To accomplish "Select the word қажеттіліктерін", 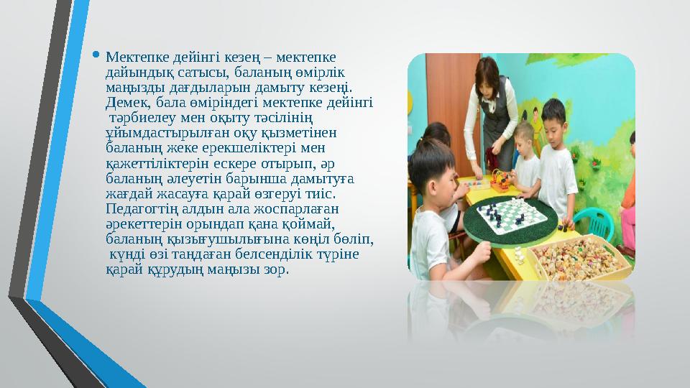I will pyautogui.click(x=152, y=164).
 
